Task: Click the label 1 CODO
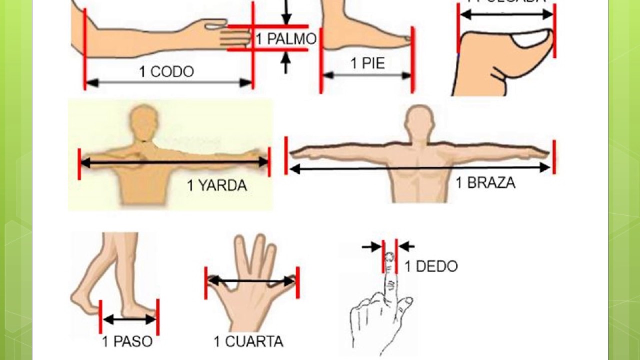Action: point(166,72)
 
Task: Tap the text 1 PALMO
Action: point(286,39)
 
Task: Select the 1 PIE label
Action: point(367,63)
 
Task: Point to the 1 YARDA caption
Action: point(217,186)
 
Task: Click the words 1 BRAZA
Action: point(485,183)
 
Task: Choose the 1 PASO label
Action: point(127,342)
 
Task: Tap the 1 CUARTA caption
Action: point(248,342)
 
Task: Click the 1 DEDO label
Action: point(431,266)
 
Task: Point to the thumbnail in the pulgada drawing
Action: point(531,39)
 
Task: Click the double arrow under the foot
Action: point(367,75)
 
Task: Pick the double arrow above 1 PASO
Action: point(129,319)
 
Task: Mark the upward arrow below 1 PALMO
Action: point(286,63)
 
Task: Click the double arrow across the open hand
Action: point(251,281)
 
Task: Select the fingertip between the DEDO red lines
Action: point(390,258)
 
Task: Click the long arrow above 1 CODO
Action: point(169,83)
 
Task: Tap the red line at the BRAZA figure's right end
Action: point(554,157)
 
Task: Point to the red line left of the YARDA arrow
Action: point(79,163)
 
